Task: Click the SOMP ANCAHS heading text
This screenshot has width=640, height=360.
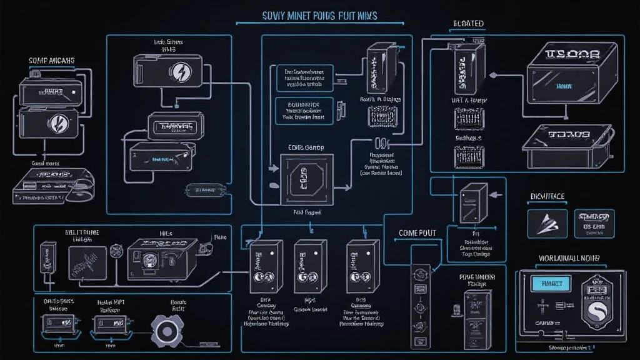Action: [x=52, y=61]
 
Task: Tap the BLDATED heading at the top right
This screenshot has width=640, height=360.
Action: [x=467, y=24]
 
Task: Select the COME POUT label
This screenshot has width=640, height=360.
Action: [x=417, y=232]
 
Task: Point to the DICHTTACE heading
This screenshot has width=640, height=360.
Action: [x=547, y=196]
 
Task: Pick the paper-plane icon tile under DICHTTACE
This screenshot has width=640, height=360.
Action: [x=546, y=223]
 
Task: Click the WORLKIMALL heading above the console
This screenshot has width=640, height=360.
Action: [x=569, y=257]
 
